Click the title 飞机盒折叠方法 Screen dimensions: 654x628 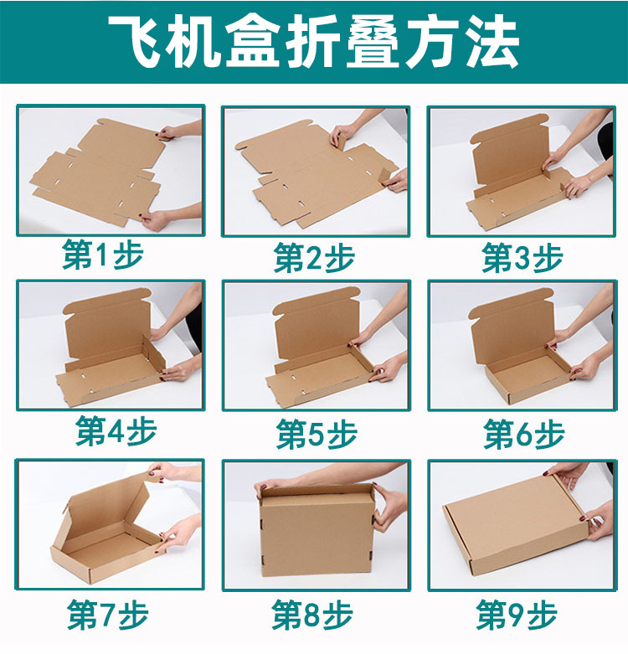[314, 42]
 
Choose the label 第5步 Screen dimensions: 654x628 [317, 433]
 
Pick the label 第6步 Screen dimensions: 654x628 [523, 434]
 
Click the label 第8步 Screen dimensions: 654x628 [312, 615]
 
